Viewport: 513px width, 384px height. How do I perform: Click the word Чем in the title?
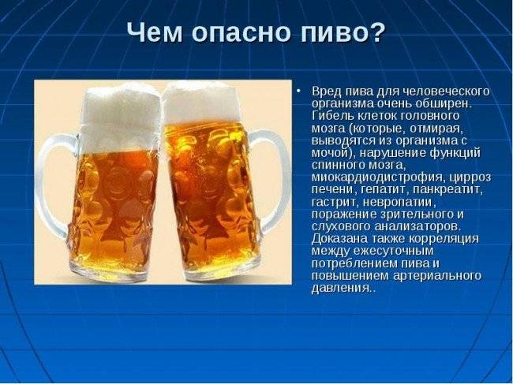point(155,32)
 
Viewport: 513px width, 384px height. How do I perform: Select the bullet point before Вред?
point(298,91)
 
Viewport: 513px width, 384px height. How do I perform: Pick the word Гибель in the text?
point(331,116)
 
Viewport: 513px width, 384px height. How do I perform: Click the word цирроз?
point(470,178)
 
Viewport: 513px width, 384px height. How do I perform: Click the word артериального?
point(437,276)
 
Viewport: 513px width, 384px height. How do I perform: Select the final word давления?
point(342,289)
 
